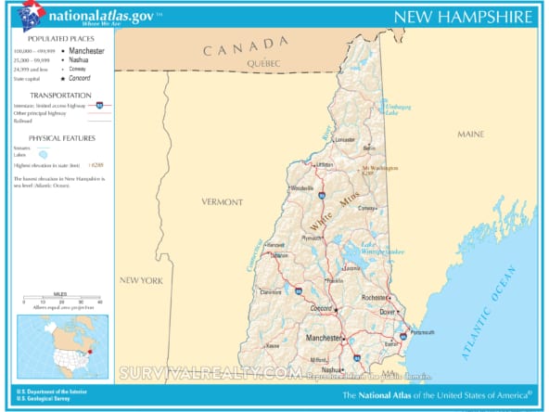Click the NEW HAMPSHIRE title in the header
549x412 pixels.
pyautogui.click(x=463, y=17)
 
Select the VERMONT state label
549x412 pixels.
pyautogui.click(x=222, y=201)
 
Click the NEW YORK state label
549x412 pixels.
pyautogui.click(x=141, y=279)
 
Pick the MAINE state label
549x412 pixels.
pyautogui.click(x=470, y=135)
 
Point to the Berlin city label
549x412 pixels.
pyautogui.click(x=370, y=148)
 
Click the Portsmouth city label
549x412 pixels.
pyautogui.click(x=423, y=332)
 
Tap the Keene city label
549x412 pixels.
pyautogui.click(x=273, y=345)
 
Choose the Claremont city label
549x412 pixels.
pyautogui.click(x=271, y=290)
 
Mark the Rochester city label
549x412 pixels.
pyautogui.click(x=375, y=298)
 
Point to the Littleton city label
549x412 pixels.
pyautogui.click(x=325, y=164)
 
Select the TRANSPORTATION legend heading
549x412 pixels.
pyautogui.click(x=59, y=96)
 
